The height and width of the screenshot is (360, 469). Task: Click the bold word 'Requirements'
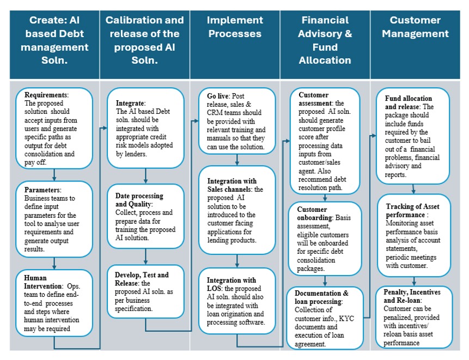pyautogui.click(x=46, y=95)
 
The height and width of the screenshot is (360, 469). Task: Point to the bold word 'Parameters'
pyautogui.click(x=42, y=190)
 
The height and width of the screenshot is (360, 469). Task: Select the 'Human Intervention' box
pyautogui.click(x=54, y=303)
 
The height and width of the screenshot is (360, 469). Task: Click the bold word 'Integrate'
pyautogui.click(x=130, y=103)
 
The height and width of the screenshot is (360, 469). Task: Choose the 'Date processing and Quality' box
pyautogui.click(x=145, y=216)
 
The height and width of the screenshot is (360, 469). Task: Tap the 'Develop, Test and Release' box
pyautogui.click(x=145, y=291)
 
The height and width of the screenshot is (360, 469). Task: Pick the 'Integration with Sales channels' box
pyautogui.click(x=237, y=210)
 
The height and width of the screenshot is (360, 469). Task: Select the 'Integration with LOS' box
pyautogui.click(x=237, y=301)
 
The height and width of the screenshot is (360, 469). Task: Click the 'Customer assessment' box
pyautogui.click(x=325, y=141)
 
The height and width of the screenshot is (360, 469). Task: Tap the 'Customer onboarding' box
pyautogui.click(x=325, y=239)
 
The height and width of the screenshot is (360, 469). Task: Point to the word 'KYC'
pyautogui.click(x=346, y=319)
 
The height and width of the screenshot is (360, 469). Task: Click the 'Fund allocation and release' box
pyautogui.click(x=413, y=136)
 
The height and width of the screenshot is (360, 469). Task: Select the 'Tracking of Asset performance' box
pyautogui.click(x=414, y=235)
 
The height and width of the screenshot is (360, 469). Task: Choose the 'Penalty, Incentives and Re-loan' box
pyautogui.click(x=414, y=317)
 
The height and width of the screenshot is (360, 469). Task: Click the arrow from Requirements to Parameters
pyautogui.click(x=54, y=175)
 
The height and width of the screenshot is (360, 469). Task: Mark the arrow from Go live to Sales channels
pyautogui.click(x=237, y=160)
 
